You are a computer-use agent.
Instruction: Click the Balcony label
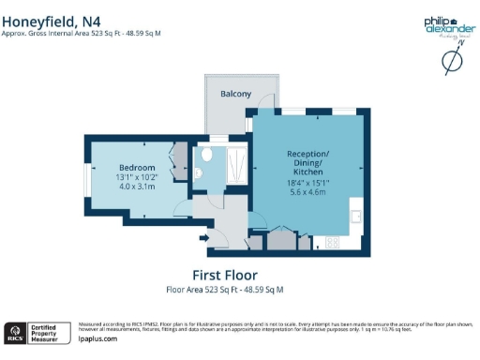(x=235, y=95)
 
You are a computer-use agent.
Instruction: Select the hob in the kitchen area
(x=331, y=243)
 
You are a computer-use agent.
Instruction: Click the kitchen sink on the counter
(x=356, y=217)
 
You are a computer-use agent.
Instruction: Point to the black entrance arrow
(x=204, y=239)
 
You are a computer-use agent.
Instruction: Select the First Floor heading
(x=224, y=275)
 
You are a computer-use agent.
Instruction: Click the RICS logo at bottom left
(x=15, y=332)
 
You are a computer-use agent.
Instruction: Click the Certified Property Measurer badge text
(x=45, y=332)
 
